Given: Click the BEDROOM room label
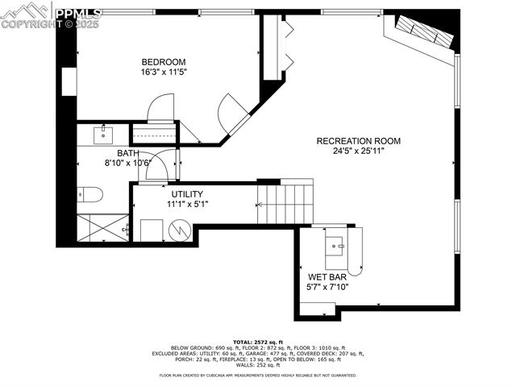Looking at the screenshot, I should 164,62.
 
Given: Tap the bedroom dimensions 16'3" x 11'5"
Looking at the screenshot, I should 164,73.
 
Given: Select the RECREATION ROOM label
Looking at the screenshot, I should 359,141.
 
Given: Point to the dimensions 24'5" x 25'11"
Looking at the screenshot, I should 359,151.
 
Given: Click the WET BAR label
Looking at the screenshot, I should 327,276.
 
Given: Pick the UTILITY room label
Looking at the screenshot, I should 186,194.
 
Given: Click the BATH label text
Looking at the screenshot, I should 128,153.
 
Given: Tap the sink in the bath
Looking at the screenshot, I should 104,134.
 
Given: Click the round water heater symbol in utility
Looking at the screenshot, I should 178,230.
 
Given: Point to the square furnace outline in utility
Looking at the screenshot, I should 152,230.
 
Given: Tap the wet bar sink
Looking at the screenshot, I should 336,243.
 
